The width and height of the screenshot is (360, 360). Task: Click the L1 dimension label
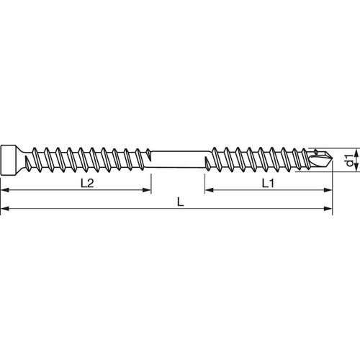tap(267, 184)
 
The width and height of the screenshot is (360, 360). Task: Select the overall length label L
tap(180, 203)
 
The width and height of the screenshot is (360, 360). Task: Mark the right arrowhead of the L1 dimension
tap(332, 192)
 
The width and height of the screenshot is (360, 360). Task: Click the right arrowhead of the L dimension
tap(332, 210)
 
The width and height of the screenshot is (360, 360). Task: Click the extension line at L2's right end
tap(151, 180)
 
